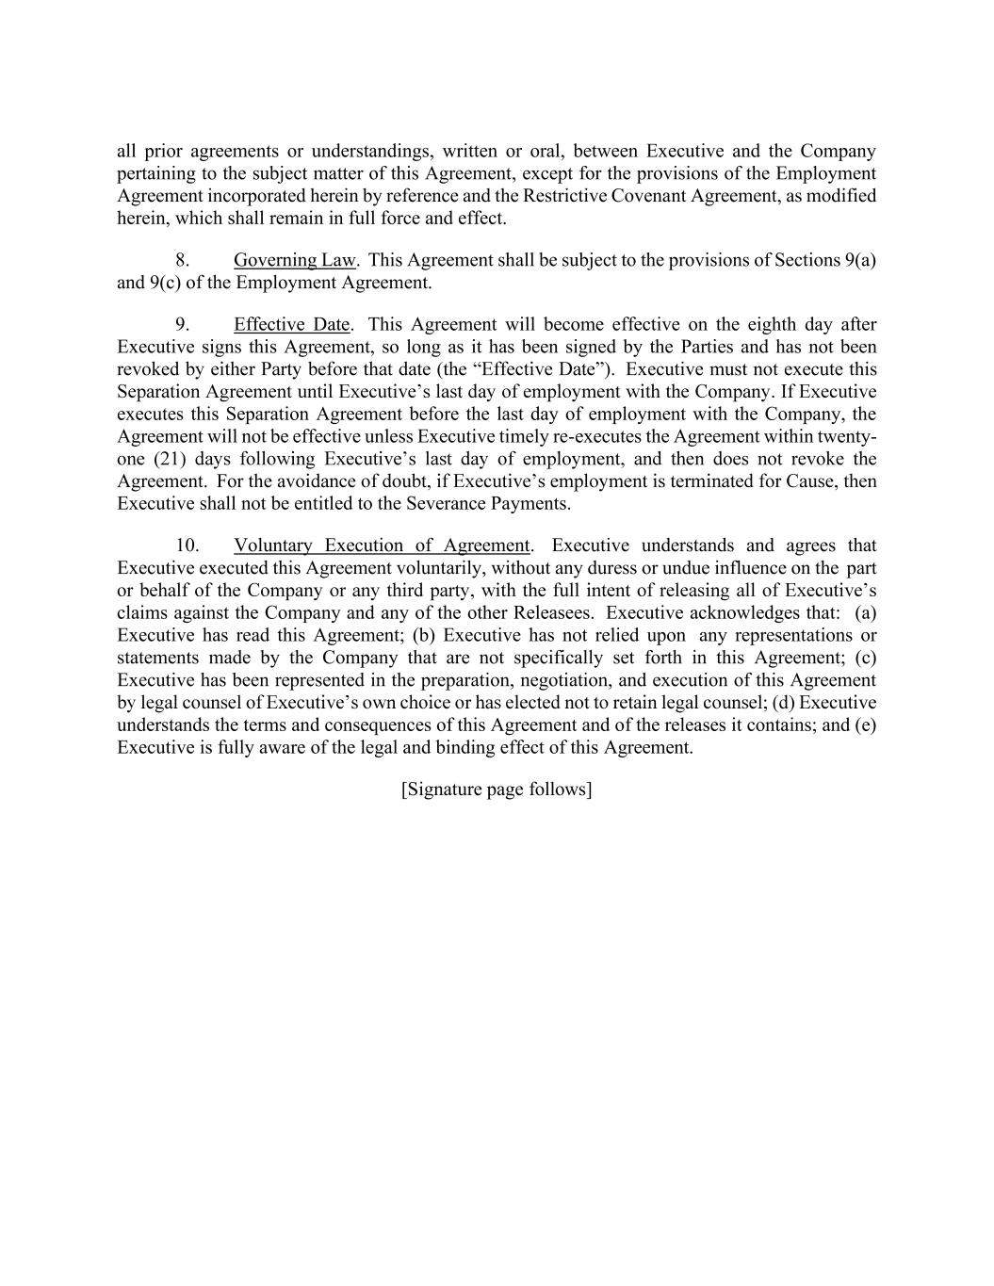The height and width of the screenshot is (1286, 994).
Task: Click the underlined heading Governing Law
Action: (294, 260)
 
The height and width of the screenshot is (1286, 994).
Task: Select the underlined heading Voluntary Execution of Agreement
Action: (382, 545)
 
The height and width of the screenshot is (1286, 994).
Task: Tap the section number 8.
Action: (183, 260)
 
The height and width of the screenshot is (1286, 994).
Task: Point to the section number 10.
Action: (187, 545)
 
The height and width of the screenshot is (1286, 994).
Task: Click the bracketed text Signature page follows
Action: (497, 790)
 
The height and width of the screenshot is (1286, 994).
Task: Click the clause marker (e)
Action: (865, 725)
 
